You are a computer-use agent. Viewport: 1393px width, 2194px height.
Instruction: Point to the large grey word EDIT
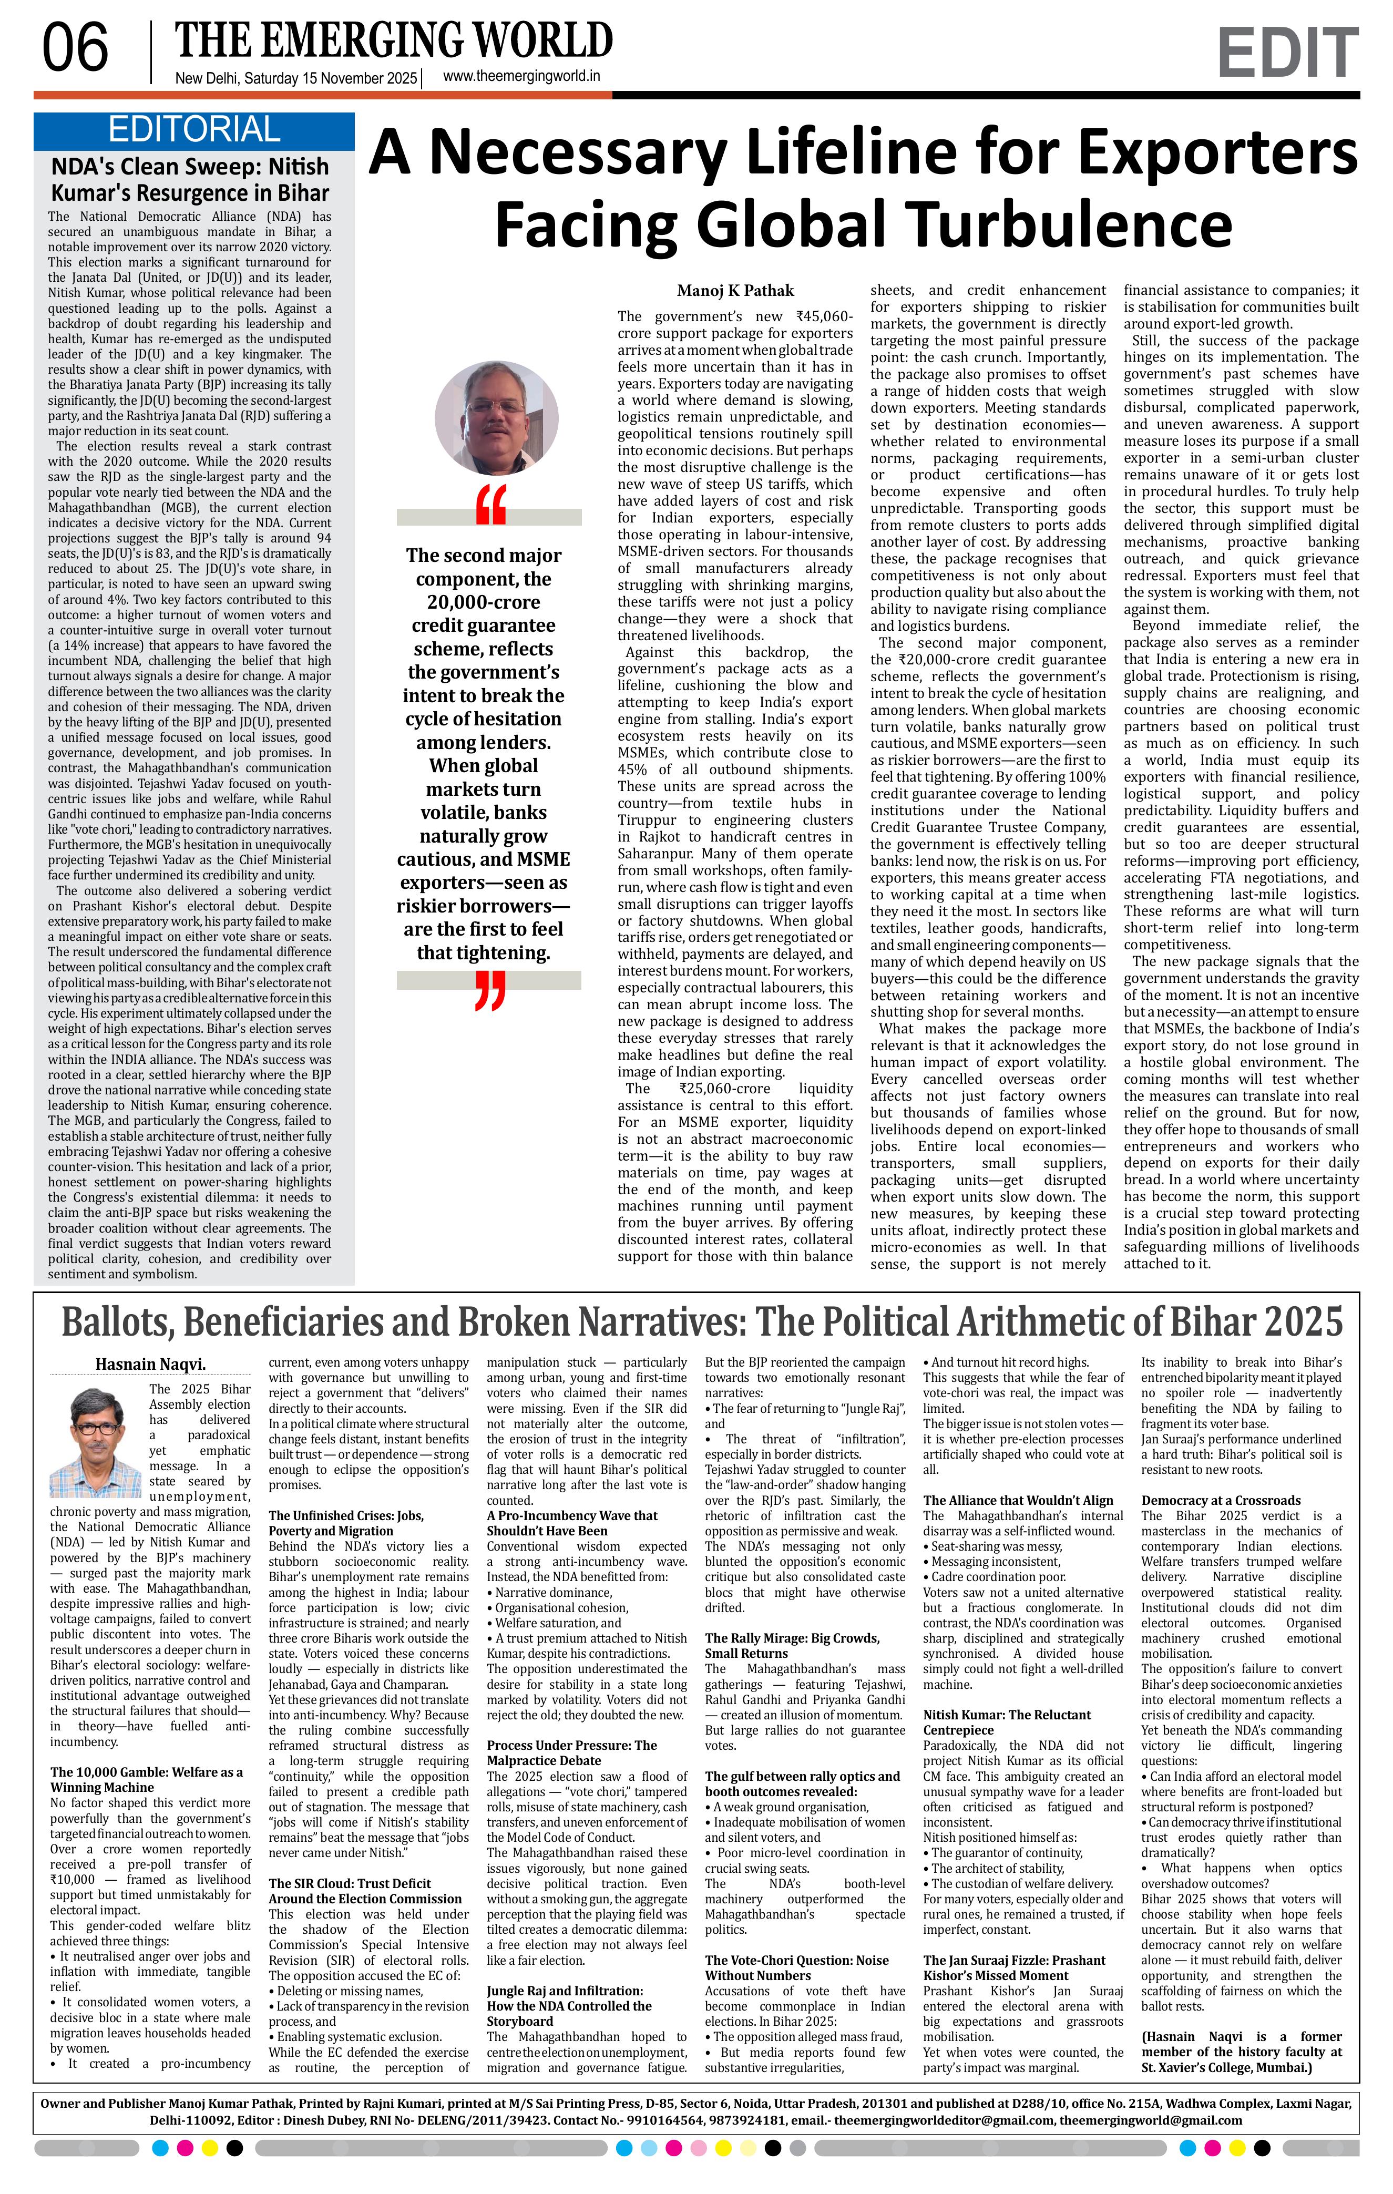1286,53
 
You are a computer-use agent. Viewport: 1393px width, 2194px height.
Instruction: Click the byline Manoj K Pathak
735,291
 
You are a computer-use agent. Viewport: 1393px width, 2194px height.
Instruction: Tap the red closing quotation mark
490,991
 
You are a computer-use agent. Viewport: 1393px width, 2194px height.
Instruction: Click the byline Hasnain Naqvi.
150,1364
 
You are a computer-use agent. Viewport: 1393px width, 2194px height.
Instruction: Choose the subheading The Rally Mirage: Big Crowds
792,1638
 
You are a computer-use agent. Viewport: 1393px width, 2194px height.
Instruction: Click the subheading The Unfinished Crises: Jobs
346,1516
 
